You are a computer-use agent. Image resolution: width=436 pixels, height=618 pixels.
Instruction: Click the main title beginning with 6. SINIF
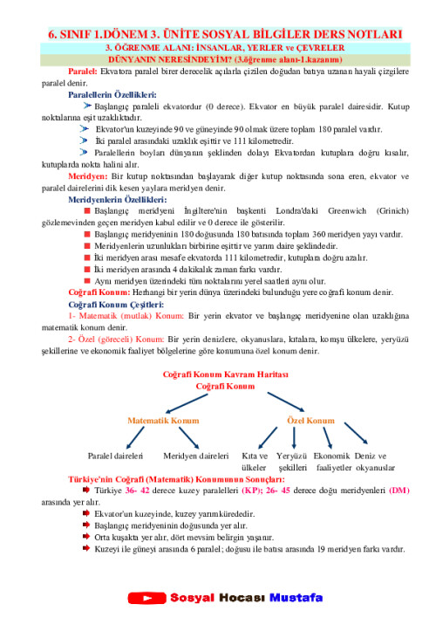coord(218,32)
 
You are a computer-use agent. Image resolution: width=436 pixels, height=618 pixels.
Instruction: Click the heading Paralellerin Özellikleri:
coord(112,93)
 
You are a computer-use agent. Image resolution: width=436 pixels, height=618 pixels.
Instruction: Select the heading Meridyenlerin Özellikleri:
coord(116,200)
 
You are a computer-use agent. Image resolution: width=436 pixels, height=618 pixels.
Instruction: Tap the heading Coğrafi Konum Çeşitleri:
coord(115,305)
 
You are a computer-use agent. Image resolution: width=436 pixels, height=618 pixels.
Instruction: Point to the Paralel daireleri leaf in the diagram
coord(115,456)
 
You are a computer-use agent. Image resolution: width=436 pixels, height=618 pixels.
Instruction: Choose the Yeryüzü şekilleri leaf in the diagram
coord(292,462)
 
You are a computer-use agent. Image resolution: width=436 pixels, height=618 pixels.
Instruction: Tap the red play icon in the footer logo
coord(153,598)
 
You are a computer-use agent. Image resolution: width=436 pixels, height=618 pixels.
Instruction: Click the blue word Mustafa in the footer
coord(296,598)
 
